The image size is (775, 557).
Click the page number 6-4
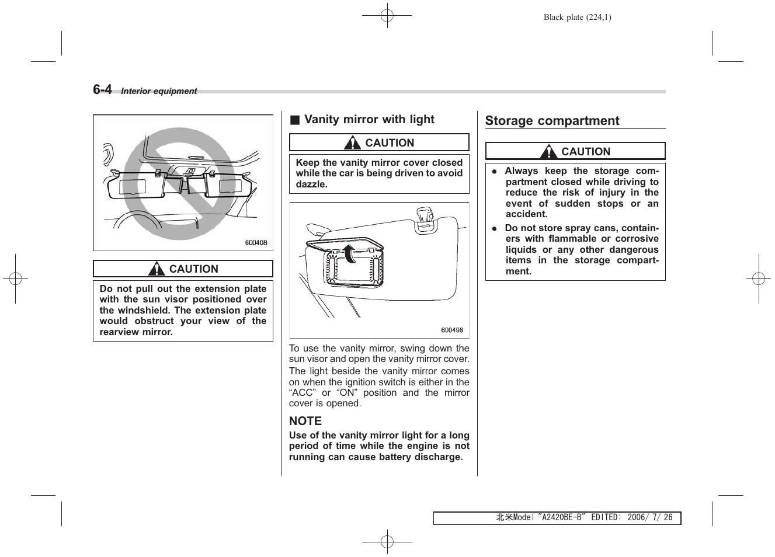[102, 89]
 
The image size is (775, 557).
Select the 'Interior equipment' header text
[159, 91]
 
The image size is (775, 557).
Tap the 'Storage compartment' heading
[552, 121]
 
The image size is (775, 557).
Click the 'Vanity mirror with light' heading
[369, 120]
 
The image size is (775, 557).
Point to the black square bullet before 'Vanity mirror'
[295, 120]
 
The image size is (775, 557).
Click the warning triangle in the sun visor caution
[157, 269]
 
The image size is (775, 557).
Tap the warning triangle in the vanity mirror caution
[352, 143]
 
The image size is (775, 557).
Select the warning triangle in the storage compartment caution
[548, 152]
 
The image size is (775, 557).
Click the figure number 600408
[256, 243]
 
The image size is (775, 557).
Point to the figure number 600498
[451, 330]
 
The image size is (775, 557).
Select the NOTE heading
[305, 421]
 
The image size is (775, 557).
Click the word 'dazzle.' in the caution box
[311, 184]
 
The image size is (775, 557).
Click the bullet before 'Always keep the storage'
[494, 172]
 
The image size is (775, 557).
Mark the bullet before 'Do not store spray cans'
[494, 229]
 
